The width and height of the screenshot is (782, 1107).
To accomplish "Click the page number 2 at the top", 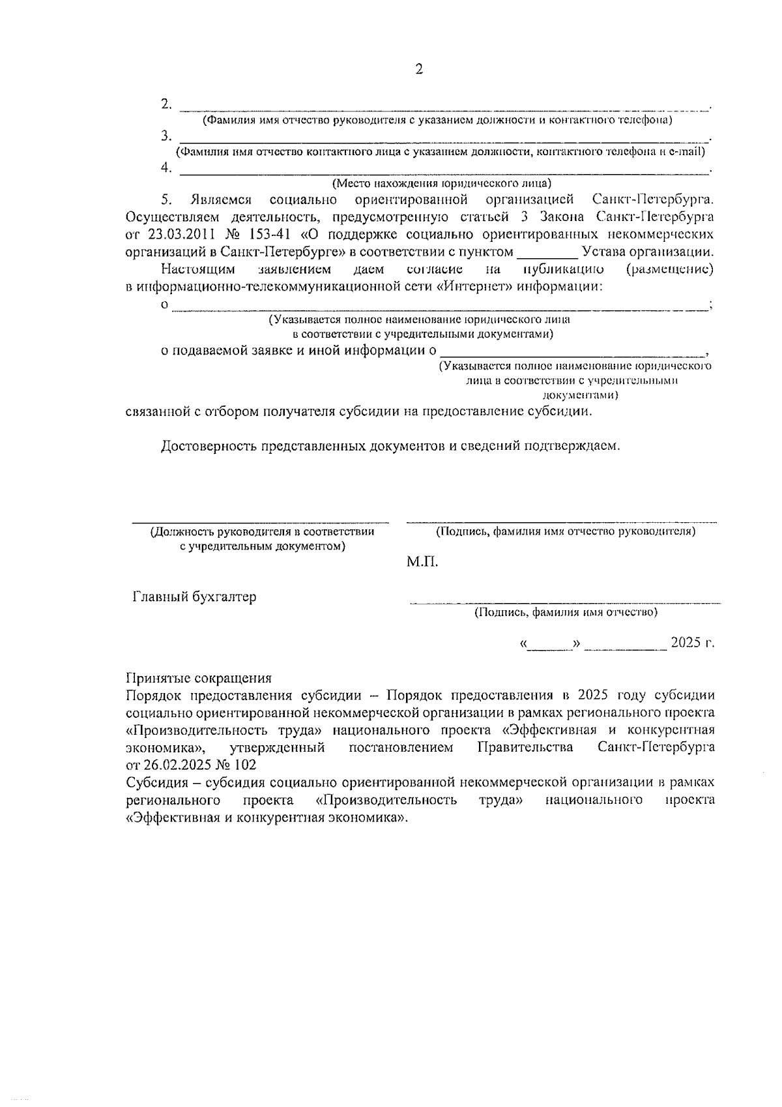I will pos(419,70).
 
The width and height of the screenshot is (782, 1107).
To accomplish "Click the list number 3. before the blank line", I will pos(167,136).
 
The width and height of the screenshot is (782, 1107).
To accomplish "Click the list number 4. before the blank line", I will pos(167,168).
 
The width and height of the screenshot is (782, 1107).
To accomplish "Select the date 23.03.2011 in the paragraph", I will pos(166,234).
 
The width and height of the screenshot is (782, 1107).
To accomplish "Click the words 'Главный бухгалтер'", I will pos(194,597).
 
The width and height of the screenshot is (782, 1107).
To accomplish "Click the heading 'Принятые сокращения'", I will pos(198,678).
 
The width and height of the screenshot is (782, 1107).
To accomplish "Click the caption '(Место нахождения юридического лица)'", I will pos(441,183).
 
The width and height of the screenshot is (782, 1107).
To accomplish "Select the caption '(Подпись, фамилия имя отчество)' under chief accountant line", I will pos(566,612).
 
